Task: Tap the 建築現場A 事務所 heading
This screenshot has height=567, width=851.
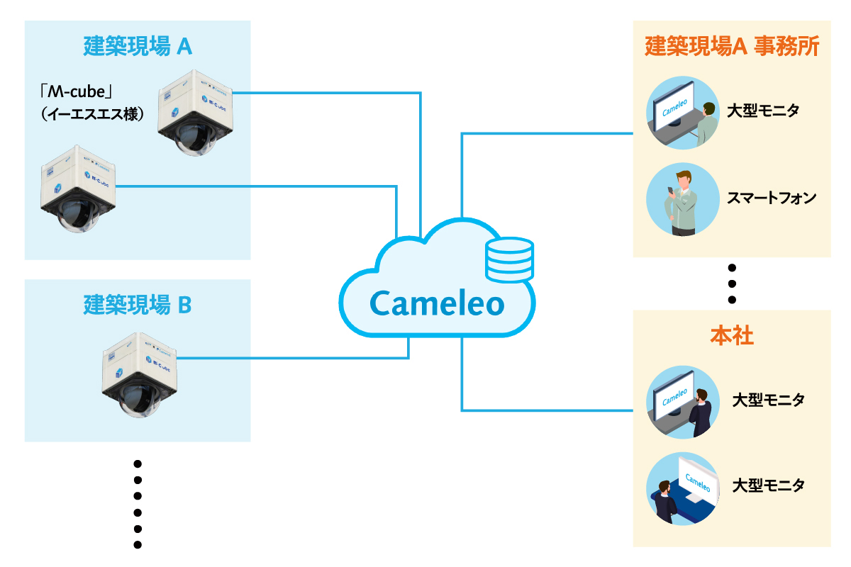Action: [732, 47]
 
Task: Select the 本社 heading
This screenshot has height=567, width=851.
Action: [731, 335]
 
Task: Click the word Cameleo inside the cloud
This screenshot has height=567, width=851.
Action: [437, 304]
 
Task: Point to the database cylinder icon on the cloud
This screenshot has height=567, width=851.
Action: [508, 260]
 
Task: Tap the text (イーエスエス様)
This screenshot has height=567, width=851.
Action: [92, 113]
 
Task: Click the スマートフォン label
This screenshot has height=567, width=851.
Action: [772, 198]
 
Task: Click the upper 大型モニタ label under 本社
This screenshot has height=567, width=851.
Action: [769, 400]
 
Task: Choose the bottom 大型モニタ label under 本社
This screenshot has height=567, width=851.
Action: [769, 486]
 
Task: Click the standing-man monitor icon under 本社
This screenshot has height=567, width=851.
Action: [681, 401]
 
